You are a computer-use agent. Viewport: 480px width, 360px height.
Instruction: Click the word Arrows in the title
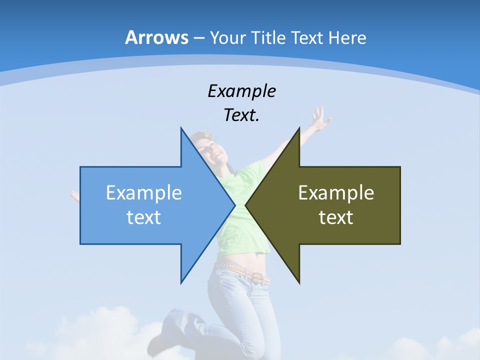click(x=156, y=37)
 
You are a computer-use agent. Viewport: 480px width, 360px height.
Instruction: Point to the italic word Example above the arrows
click(x=241, y=91)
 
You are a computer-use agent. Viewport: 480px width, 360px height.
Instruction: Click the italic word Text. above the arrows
click(x=241, y=115)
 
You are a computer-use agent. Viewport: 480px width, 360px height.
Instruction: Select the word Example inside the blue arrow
click(x=144, y=193)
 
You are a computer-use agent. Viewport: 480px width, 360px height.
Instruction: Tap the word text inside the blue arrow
click(x=144, y=217)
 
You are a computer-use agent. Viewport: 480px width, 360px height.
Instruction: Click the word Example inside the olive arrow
click(x=336, y=193)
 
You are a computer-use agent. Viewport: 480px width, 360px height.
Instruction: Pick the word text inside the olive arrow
click(x=336, y=217)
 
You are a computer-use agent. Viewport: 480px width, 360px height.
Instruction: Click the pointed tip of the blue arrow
click(x=234, y=205)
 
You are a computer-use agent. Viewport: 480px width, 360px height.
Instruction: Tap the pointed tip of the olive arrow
click(x=246, y=205)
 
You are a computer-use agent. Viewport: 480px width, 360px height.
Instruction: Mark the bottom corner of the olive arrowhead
click(x=299, y=283)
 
